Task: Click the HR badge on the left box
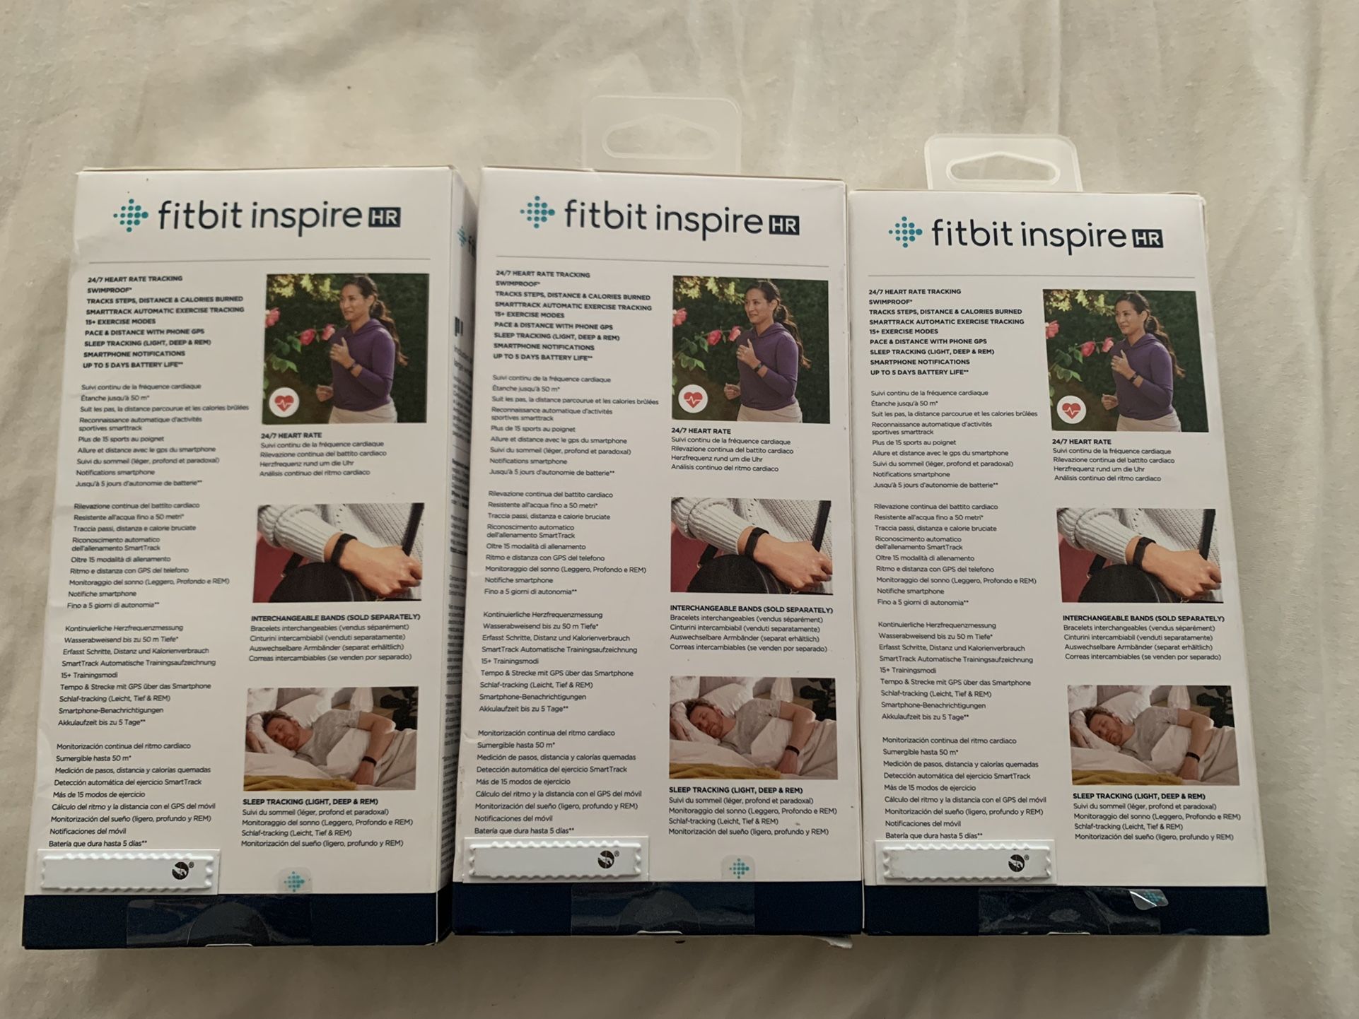point(383,217)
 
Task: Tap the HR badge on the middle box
point(783,225)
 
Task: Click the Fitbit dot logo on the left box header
point(132,216)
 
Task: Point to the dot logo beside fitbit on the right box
point(906,232)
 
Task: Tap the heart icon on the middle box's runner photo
point(692,399)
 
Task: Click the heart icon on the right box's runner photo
point(1071,409)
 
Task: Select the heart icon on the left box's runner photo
point(284,402)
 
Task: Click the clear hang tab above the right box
point(1003,167)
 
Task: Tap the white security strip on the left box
point(129,871)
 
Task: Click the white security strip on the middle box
point(555,860)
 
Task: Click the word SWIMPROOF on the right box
point(890,302)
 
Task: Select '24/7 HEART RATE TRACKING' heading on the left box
point(135,279)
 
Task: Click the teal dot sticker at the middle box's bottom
point(740,868)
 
